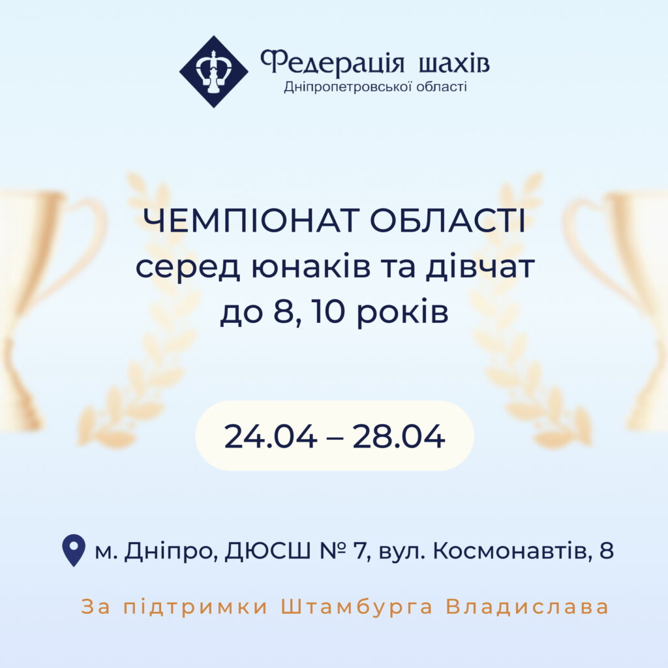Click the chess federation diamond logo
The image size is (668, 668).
coord(213,72)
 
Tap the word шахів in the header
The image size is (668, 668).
coord(454,63)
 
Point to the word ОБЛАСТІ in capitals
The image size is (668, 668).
coord(448,220)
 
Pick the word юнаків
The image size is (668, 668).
coord(311,267)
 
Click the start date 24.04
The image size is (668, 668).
coord(271,436)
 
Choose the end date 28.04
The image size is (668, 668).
coord(399,436)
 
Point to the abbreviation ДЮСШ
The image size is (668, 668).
coord(268,551)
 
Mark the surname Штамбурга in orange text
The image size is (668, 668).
coord(357,607)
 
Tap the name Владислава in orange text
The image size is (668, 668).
coord(527,607)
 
